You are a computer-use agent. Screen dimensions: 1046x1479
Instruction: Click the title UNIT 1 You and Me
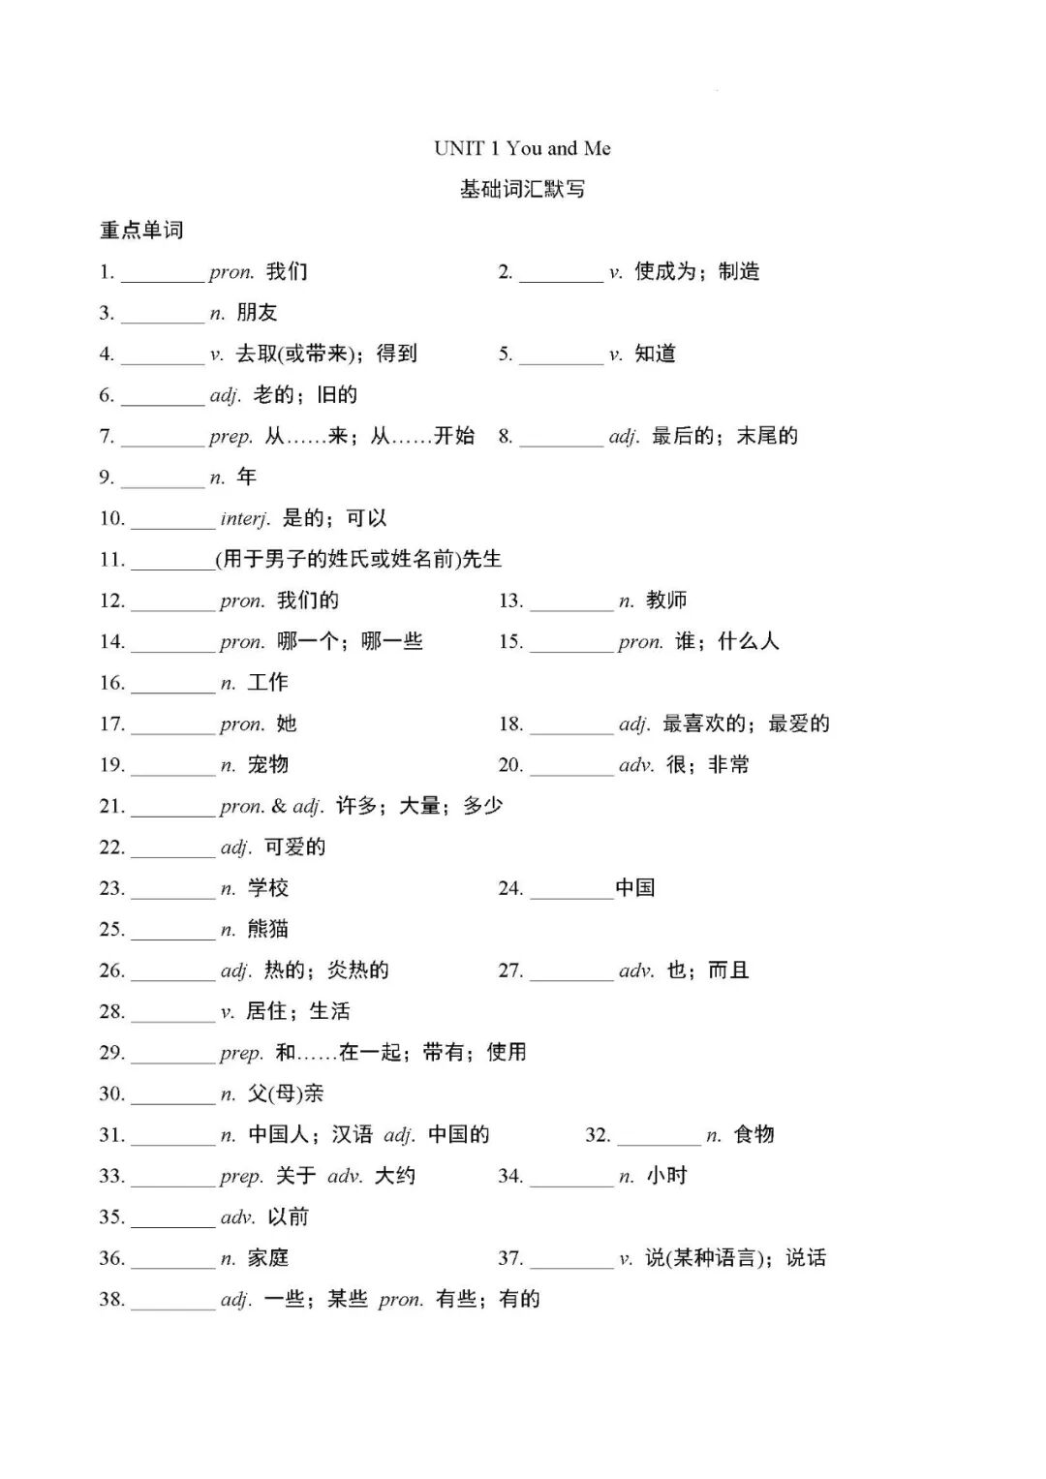522,148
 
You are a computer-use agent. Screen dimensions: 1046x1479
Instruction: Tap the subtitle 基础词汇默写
522,190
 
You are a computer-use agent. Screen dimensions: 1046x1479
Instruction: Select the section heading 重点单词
141,231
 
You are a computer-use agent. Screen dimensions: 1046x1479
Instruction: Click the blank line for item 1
162,275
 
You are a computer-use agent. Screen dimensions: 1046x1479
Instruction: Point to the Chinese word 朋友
257,313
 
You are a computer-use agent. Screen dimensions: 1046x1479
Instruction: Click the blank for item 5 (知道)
561,357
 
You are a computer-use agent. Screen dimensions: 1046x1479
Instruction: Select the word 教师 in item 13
666,601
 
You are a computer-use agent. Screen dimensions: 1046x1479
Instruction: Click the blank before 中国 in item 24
571,892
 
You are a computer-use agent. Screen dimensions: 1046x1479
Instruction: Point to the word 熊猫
268,930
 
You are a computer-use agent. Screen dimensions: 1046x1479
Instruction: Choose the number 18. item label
510,724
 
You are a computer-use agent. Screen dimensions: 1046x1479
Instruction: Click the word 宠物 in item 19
268,765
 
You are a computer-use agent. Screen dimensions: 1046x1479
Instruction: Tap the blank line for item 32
659,1139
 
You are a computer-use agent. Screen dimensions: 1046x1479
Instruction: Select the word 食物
754,1134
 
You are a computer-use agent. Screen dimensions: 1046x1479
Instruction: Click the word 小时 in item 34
666,1176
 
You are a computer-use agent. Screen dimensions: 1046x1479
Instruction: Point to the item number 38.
112,1300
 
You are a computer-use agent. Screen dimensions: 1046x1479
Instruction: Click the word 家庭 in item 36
268,1258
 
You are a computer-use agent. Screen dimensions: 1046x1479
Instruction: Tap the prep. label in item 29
241,1053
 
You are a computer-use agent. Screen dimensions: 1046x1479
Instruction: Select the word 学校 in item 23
268,888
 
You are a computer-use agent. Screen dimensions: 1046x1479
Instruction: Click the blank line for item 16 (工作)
172,687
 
